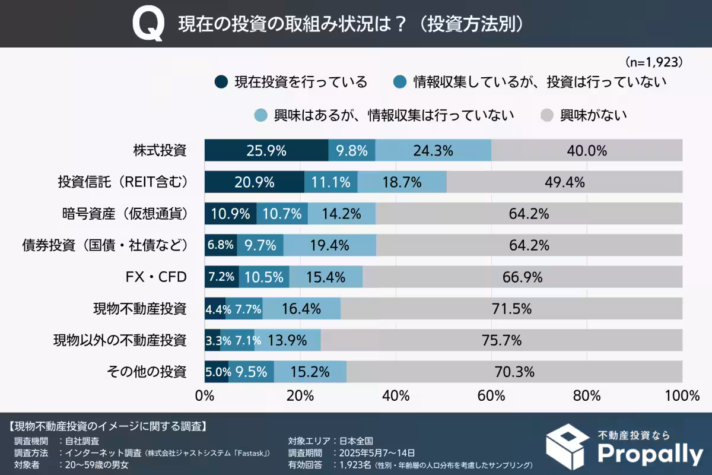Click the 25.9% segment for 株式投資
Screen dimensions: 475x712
tap(266, 151)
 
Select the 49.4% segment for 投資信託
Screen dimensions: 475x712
tap(564, 182)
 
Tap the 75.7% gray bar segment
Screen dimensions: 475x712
tap(501, 340)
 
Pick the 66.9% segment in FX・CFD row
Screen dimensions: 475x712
tap(522, 277)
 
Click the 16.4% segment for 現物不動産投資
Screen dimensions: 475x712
tap(301, 309)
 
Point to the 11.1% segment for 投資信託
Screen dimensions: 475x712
tap(330, 182)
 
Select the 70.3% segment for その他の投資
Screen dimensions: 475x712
tap(514, 372)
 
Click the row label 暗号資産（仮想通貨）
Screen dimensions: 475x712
tap(125, 214)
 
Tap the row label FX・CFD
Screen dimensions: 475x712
tap(155, 277)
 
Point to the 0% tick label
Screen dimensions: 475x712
tap(205, 395)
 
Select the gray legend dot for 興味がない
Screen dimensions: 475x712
tap(548, 115)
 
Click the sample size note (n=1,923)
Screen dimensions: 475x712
tap(653, 62)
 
